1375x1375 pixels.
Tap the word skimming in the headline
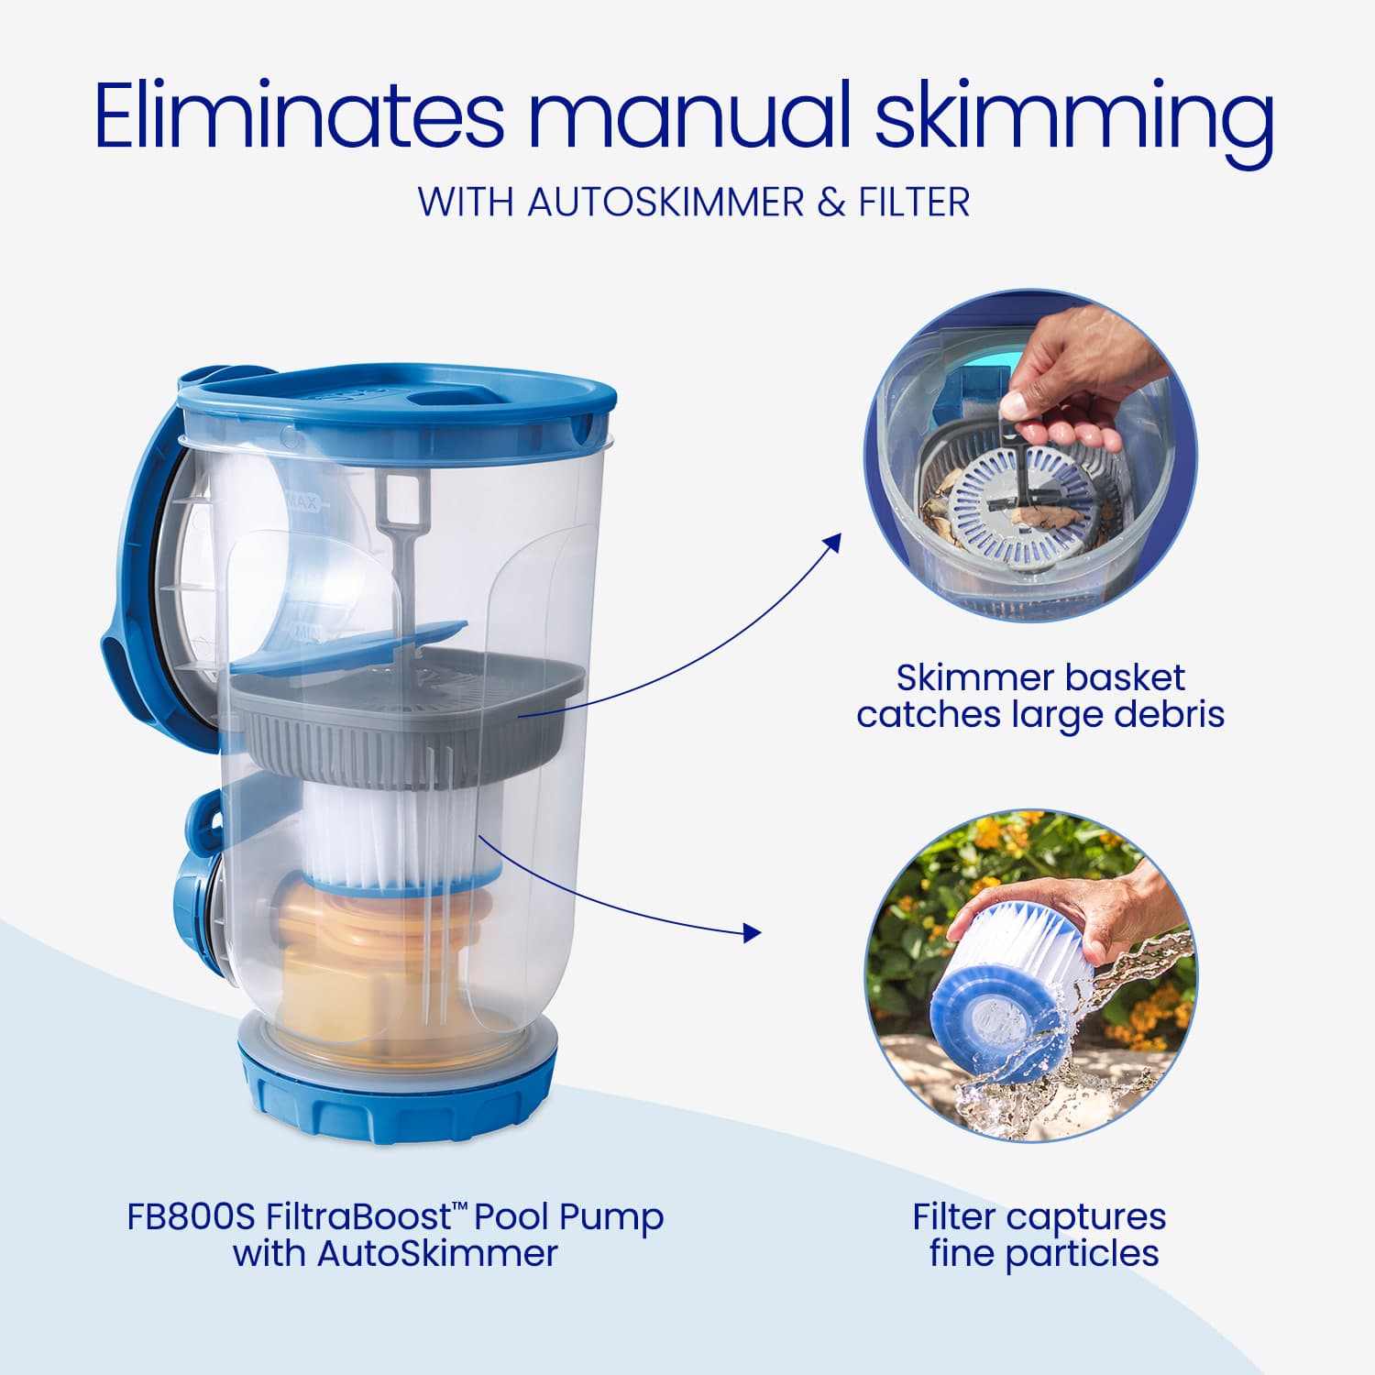click(x=1073, y=116)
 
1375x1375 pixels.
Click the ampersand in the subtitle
click(x=831, y=202)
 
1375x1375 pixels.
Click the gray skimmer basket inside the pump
click(x=403, y=724)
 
